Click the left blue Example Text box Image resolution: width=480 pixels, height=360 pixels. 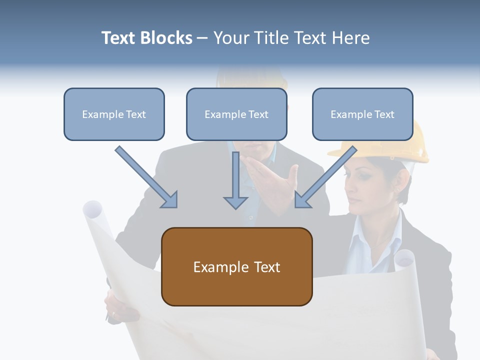point(114,114)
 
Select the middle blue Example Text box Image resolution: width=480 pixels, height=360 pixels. point(236,114)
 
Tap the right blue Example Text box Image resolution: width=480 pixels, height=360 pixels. point(362,114)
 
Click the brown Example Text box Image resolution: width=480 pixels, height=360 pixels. point(236,267)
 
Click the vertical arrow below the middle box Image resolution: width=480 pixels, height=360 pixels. point(235,180)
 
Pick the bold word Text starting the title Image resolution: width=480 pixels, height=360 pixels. point(118,38)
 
